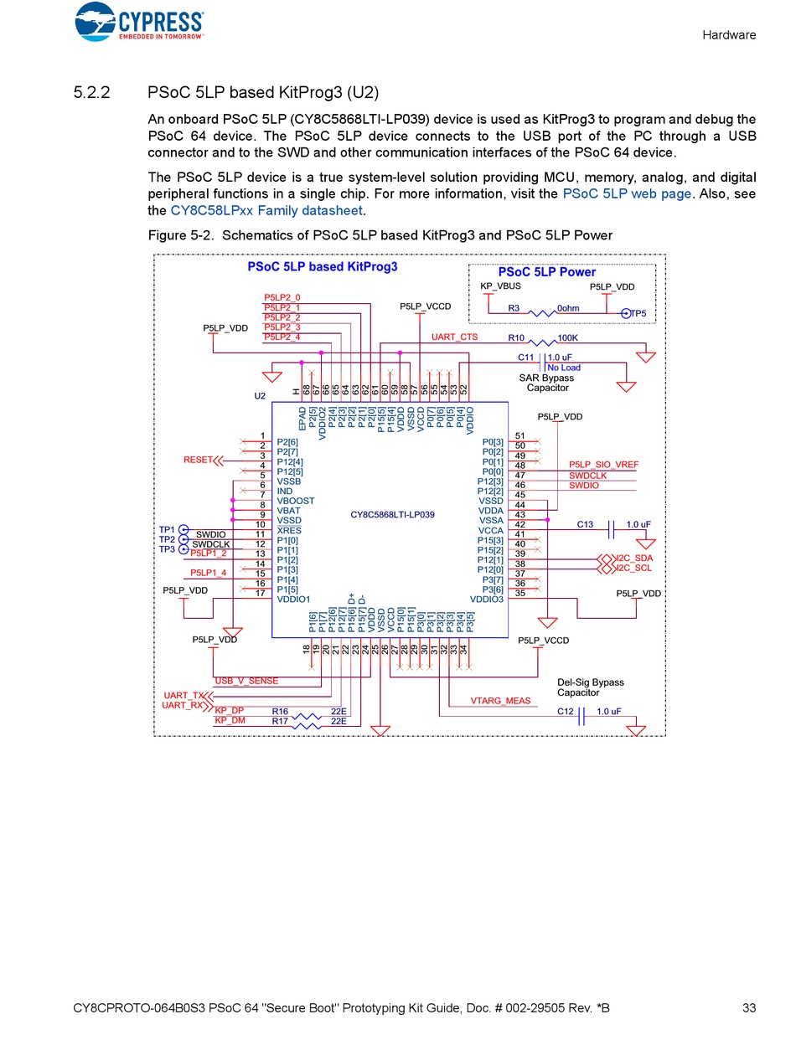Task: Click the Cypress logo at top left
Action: tap(139, 23)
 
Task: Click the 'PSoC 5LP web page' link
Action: tap(627, 193)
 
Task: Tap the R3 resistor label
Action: tap(514, 309)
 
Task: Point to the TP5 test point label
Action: tap(638, 313)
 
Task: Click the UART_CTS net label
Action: tap(454, 337)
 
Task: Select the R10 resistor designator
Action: tap(516, 338)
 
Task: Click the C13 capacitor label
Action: tap(585, 524)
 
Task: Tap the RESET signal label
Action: tap(198, 460)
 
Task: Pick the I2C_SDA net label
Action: tap(633, 558)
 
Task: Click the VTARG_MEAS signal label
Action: tap(500, 701)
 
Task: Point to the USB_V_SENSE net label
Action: tap(246, 681)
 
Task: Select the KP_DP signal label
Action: tap(229, 711)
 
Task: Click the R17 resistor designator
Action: tap(280, 721)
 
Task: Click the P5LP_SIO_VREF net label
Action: tap(603, 465)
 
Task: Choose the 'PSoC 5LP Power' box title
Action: tap(547, 272)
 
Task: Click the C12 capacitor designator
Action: tap(566, 712)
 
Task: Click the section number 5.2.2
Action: tap(92, 92)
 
